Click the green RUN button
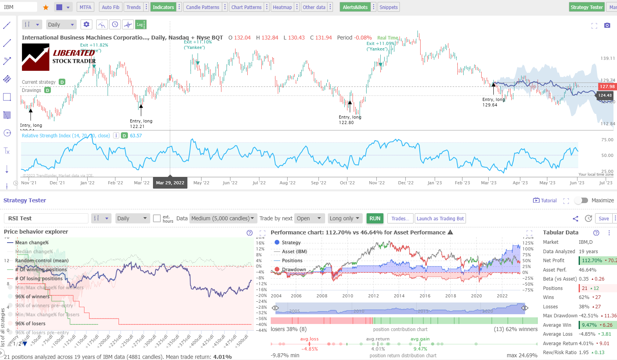point(375,218)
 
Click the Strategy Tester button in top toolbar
point(586,7)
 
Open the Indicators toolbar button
point(163,7)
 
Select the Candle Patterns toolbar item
point(202,7)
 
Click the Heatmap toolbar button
point(282,7)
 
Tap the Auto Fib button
point(110,7)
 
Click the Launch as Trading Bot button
point(440,218)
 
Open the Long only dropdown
point(344,218)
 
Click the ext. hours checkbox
point(157,218)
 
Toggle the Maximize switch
point(581,200)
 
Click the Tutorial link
point(545,200)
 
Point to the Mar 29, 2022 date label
point(170,183)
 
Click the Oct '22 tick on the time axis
point(347,183)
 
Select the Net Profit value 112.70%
point(592,260)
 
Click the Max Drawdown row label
point(560,316)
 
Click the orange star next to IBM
point(46,7)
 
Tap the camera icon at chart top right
point(607,25)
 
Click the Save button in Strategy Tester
point(604,218)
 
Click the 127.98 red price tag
point(607,86)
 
